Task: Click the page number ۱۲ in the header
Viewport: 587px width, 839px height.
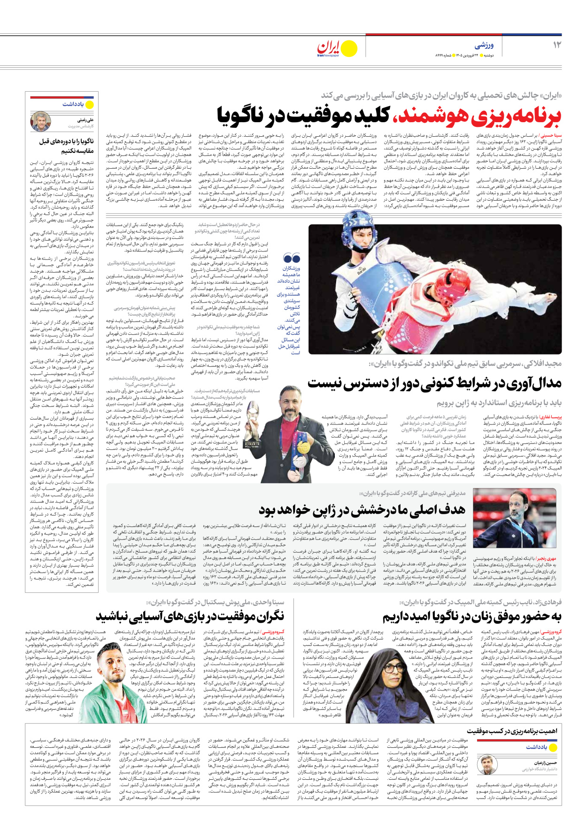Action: coord(556,45)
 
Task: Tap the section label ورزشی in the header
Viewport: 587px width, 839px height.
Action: coord(484,46)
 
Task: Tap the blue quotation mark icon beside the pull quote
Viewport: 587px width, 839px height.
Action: coord(292,258)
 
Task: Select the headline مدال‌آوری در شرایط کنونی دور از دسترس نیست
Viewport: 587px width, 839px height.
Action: coord(434,383)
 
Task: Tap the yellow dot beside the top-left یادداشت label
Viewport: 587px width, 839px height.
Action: coord(90,104)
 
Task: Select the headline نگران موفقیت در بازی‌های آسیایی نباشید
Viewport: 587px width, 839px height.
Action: coord(190,616)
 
